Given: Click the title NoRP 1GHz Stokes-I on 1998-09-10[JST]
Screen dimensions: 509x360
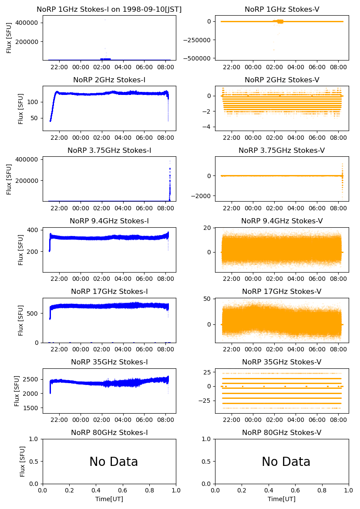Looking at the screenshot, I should (109, 9).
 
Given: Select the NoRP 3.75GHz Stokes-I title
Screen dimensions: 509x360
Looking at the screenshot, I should (109, 151).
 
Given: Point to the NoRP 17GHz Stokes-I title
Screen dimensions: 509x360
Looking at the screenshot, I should (109, 292).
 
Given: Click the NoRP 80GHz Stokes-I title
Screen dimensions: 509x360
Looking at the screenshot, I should (109, 433).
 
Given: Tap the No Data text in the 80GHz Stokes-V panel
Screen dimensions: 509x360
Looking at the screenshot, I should (286, 462).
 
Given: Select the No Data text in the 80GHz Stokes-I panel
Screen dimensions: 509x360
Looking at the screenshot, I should (114, 462).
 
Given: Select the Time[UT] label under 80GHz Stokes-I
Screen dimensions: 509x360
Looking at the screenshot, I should (109, 499).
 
